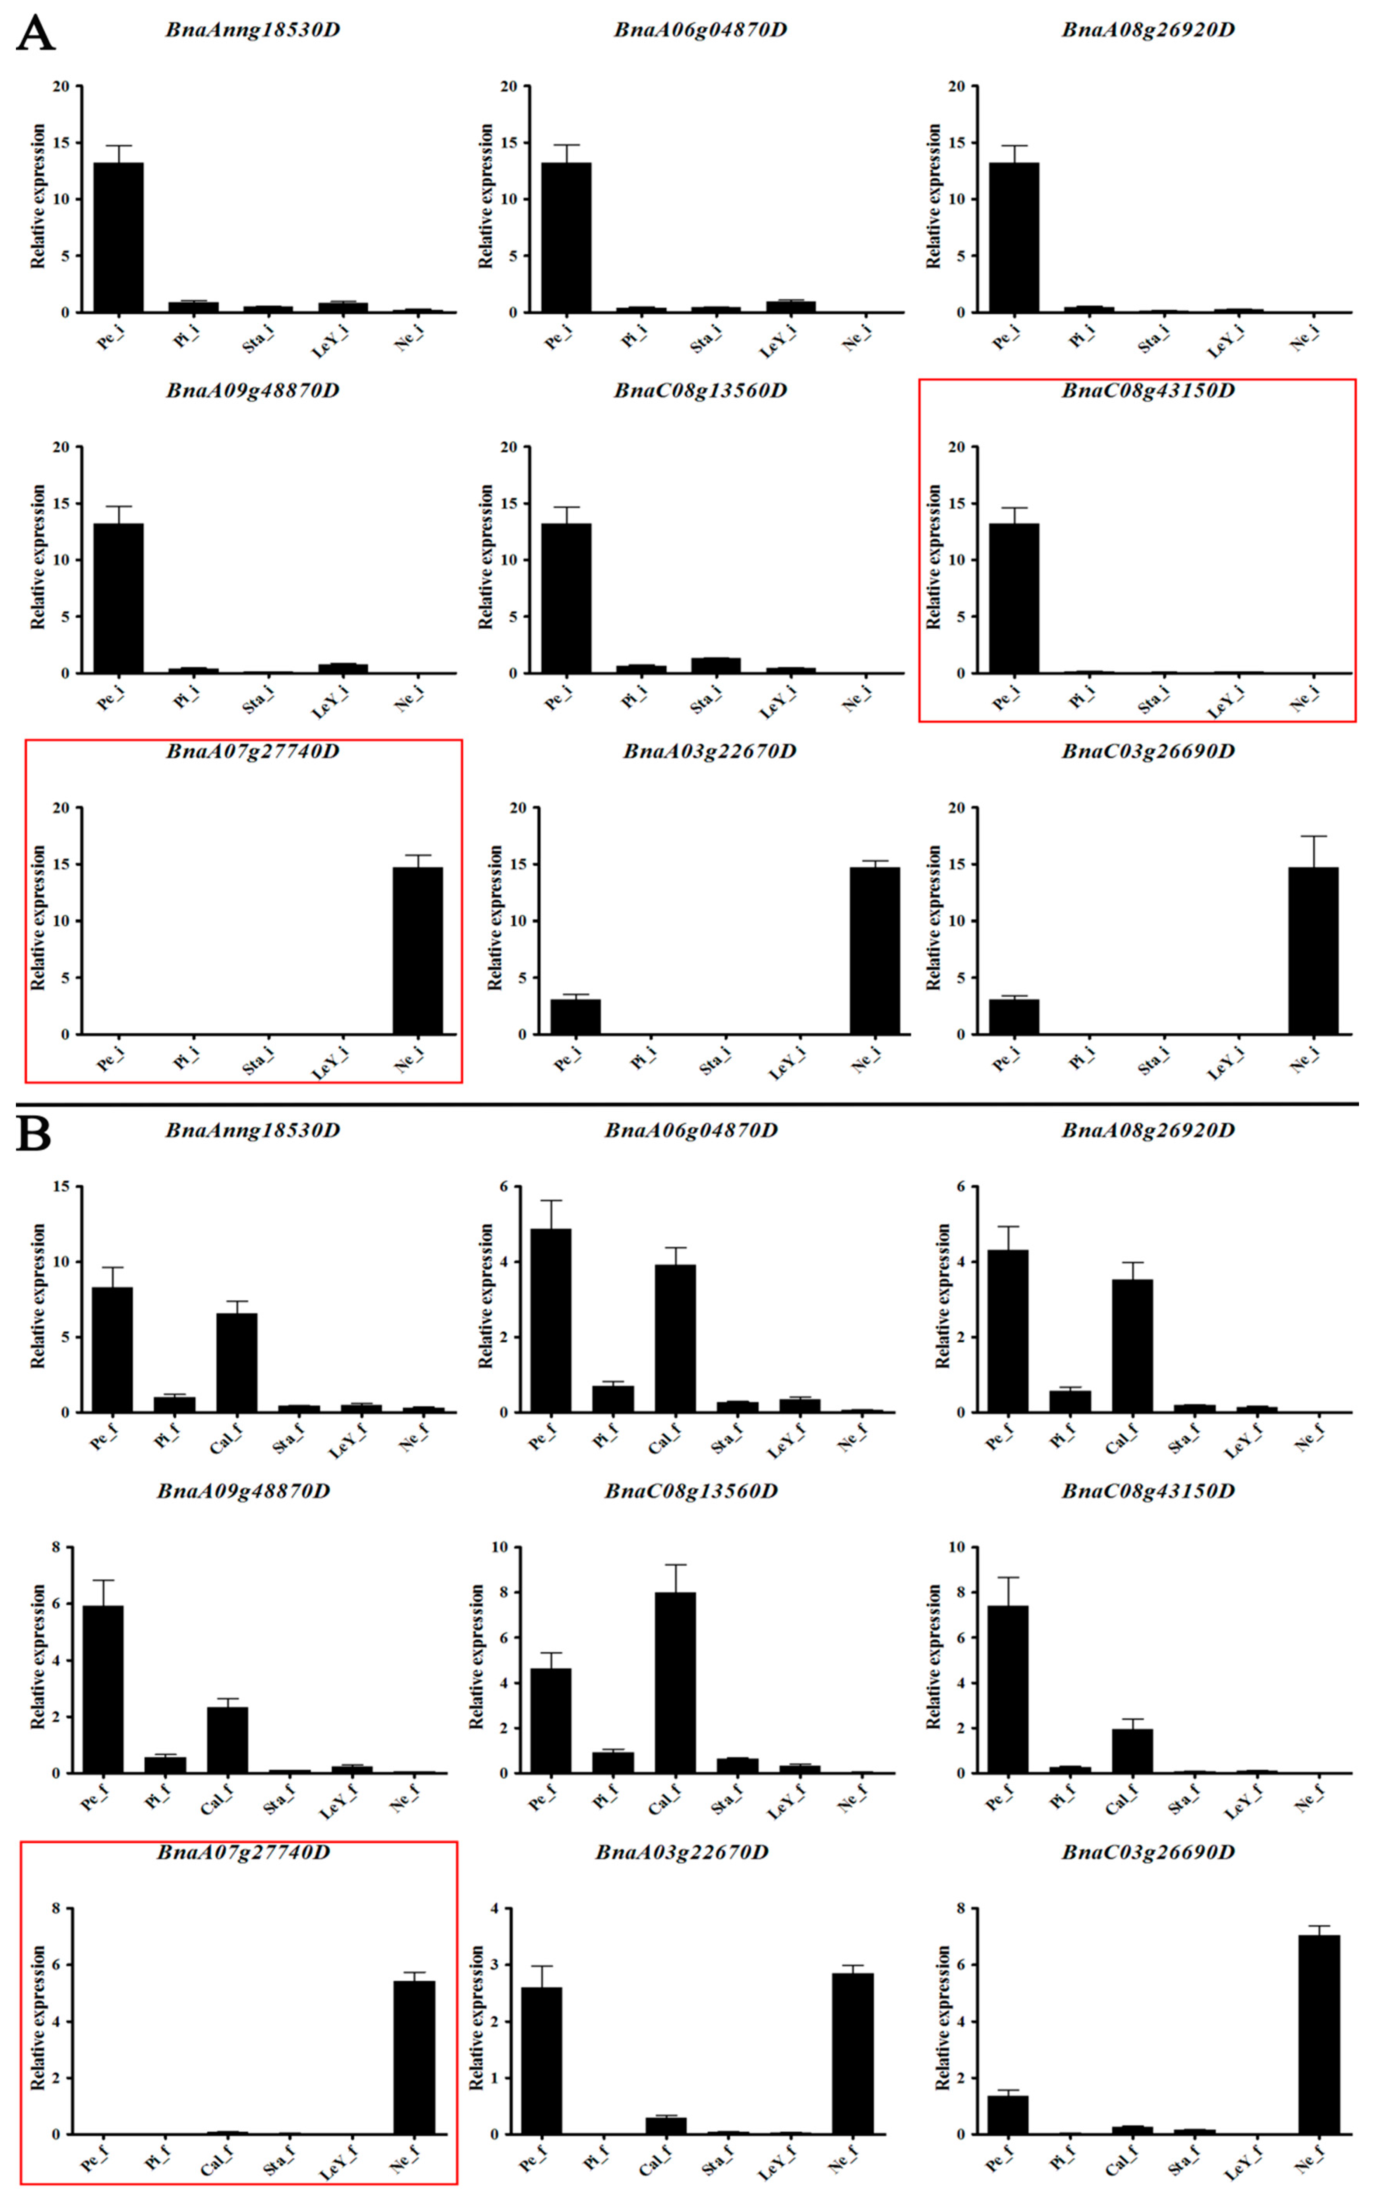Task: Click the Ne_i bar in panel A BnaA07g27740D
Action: point(417,951)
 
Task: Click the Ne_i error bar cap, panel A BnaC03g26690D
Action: point(1313,836)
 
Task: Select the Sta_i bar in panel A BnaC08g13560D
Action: point(716,665)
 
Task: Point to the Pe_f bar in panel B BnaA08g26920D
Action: point(1008,1331)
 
